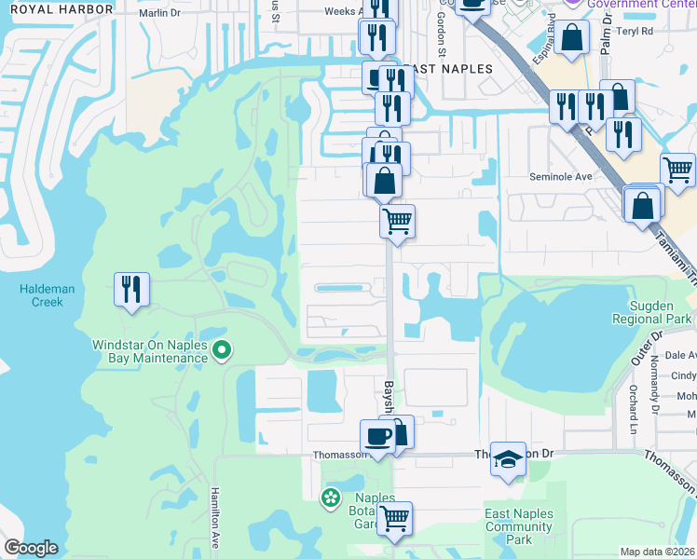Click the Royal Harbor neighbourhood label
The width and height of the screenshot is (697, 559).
(55, 8)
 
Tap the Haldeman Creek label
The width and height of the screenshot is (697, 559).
(41, 295)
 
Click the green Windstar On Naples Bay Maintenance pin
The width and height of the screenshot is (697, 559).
(222, 350)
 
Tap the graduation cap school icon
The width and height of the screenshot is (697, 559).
(508, 459)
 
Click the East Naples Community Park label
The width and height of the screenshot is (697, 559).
(519, 526)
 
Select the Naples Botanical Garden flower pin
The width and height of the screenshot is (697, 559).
(330, 498)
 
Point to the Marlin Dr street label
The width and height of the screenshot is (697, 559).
(159, 13)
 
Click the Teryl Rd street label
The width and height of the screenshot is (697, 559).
(634, 30)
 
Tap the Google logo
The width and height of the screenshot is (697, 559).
(32, 548)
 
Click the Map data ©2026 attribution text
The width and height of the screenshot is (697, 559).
(658, 552)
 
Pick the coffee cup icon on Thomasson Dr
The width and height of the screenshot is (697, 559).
(377, 436)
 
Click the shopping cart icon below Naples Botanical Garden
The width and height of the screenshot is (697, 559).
(394, 518)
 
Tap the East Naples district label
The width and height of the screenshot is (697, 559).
(438, 70)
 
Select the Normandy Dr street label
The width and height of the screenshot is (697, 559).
(656, 388)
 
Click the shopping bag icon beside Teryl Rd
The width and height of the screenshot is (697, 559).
(574, 37)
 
